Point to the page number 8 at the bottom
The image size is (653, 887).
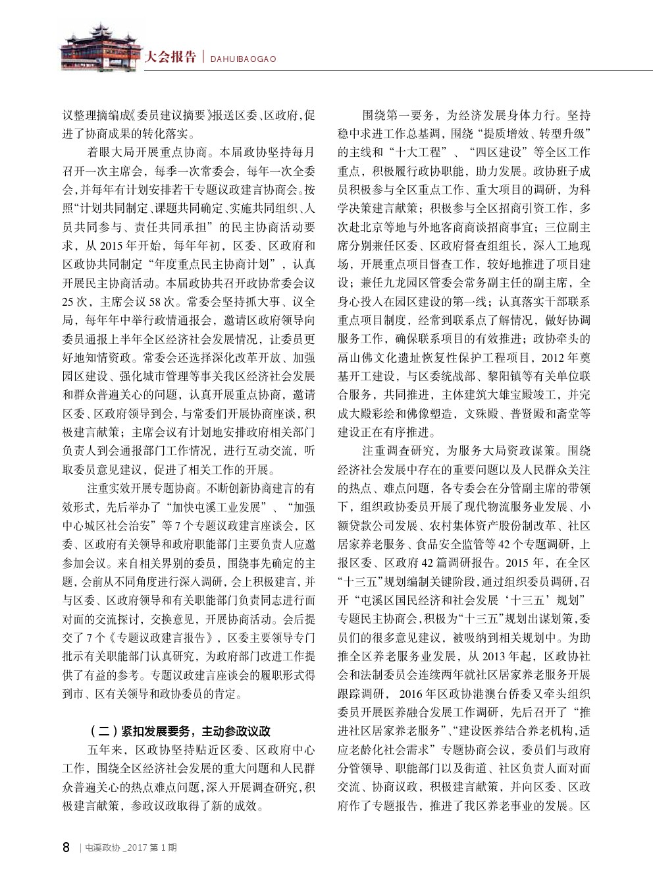pos(66,847)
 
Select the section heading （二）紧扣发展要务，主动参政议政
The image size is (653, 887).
pos(179,731)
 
